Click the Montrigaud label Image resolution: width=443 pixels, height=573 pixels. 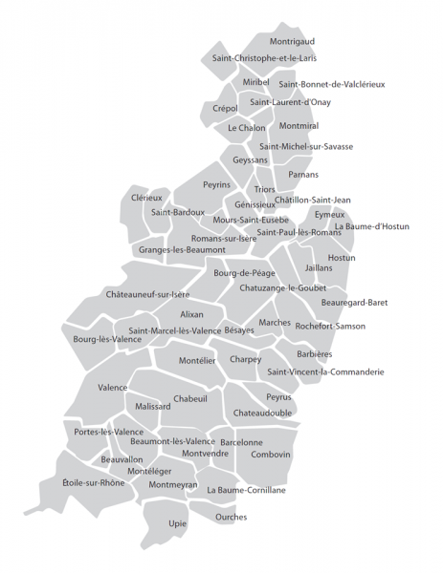click(x=292, y=42)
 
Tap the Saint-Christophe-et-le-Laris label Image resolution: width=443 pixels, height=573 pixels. click(x=263, y=58)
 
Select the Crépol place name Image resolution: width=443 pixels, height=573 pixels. click(x=226, y=108)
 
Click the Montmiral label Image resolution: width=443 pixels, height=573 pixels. click(x=299, y=126)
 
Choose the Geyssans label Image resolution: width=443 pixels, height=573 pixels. click(x=250, y=160)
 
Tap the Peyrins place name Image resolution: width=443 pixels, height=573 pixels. click(x=216, y=184)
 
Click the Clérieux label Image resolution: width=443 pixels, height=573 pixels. click(x=146, y=198)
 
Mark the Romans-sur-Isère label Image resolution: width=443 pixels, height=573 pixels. click(x=224, y=238)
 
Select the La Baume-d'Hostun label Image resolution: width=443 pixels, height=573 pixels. click(x=371, y=226)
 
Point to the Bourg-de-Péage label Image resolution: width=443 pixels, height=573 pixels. click(x=244, y=273)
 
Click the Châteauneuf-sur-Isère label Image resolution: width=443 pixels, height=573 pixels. click(x=147, y=294)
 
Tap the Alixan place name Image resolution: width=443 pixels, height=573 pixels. click(x=191, y=313)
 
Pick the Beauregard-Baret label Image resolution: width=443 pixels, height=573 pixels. click(x=354, y=303)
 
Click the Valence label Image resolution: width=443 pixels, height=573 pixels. click(x=112, y=388)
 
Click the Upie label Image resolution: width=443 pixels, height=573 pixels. click(x=178, y=523)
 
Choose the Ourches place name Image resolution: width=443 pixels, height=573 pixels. click(x=231, y=518)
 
